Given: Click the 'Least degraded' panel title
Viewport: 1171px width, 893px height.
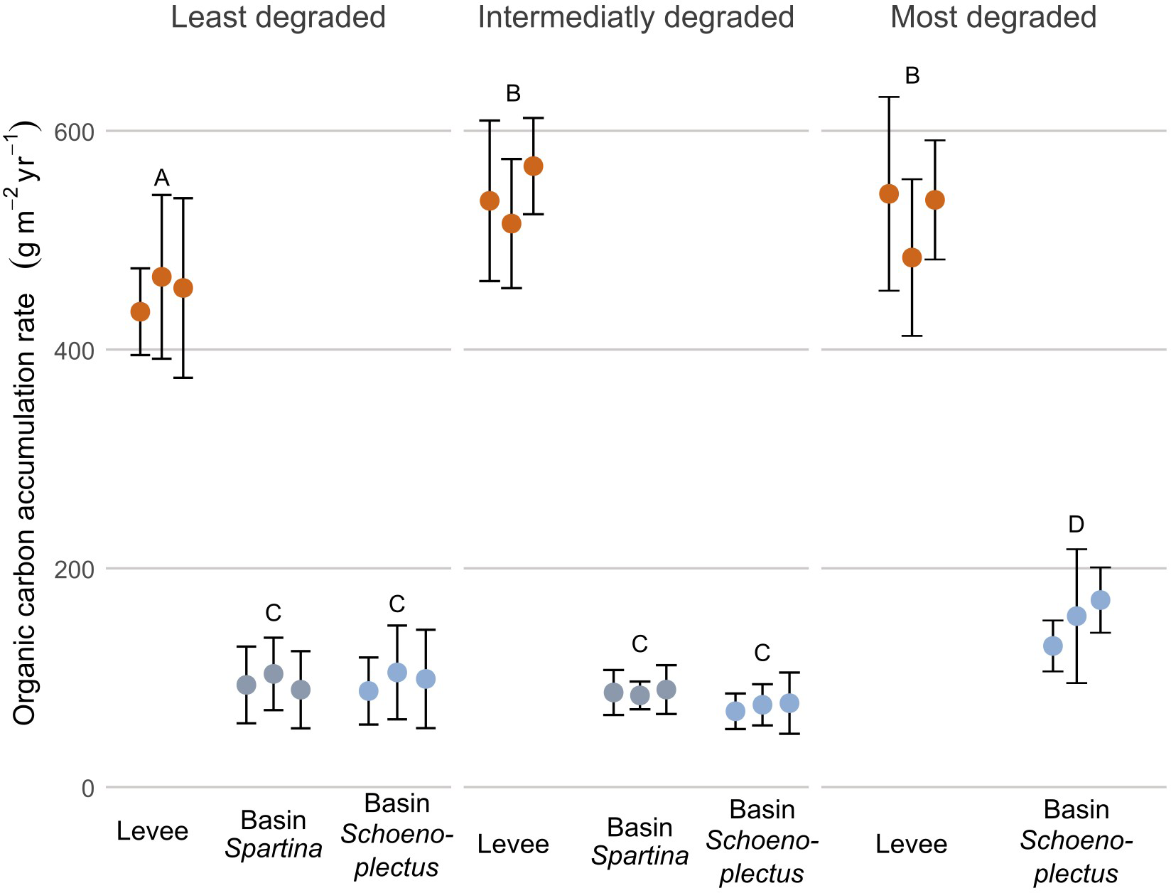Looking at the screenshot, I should pos(278,18).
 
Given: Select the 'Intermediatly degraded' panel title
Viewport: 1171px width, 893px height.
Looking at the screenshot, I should pos(636,18).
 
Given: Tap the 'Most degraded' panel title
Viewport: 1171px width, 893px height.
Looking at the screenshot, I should pos(993,18).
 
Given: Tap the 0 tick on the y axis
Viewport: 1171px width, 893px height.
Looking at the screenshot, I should pos(87,788).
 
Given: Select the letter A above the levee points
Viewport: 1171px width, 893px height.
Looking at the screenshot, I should pos(162,178).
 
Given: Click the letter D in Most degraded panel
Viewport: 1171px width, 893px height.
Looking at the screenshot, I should pos(1076,525).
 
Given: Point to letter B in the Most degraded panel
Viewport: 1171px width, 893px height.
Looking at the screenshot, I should pos(912,75).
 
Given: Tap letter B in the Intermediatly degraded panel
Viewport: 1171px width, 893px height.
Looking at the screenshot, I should pos(513,93).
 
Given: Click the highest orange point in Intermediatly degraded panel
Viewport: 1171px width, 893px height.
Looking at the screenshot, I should pos(533,166).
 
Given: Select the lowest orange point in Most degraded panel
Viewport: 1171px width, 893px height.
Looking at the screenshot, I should pos(912,257).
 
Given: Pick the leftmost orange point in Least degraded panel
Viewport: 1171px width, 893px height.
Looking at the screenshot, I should pos(141,311).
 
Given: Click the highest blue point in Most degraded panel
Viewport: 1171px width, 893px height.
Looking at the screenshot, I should pos(1100,600).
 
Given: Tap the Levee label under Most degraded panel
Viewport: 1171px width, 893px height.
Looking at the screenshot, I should pos(911,844).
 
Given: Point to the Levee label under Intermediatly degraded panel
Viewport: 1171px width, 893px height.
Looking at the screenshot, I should pos(513,844).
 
